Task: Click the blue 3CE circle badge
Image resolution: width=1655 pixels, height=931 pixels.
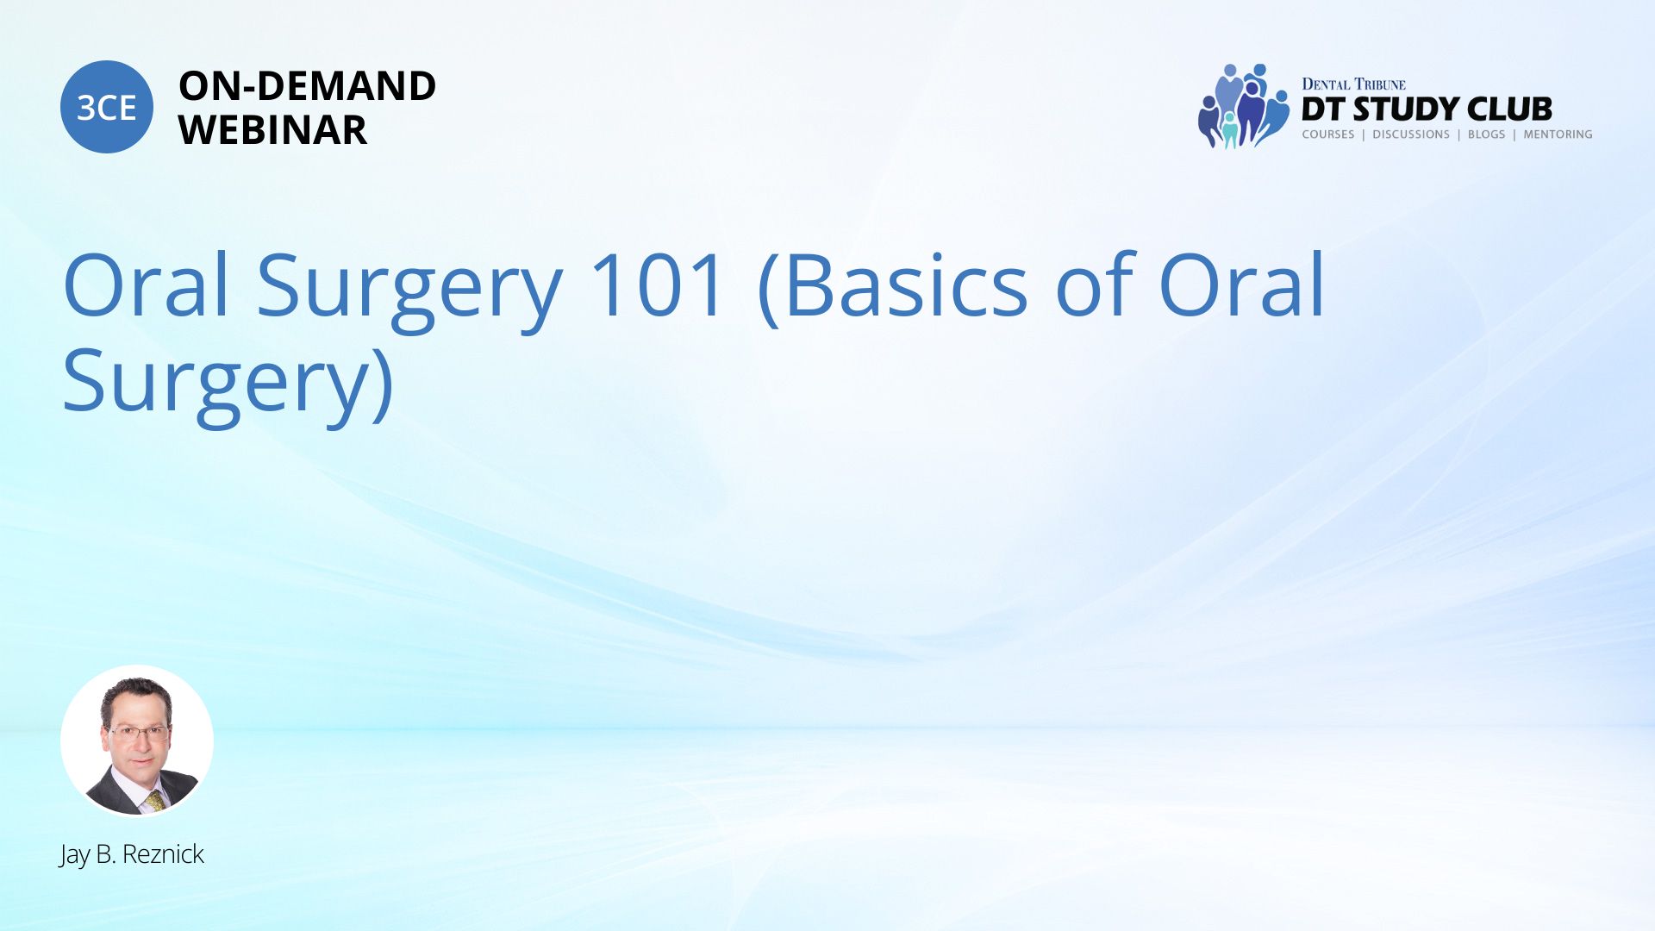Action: [107, 107]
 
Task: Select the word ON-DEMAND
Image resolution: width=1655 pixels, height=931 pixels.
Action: [307, 86]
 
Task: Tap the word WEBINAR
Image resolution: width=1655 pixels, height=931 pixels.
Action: [272, 130]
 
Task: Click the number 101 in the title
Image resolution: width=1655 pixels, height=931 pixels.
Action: [657, 285]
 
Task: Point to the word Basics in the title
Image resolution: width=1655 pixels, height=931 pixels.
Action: [907, 285]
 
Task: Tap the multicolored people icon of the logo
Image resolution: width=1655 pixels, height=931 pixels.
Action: [1242, 106]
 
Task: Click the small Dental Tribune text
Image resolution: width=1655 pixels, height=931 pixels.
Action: [1353, 84]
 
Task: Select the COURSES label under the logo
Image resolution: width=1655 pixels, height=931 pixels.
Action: [1327, 134]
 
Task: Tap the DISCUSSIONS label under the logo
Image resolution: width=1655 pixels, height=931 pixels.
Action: [1411, 134]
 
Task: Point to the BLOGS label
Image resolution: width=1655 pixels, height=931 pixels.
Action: [1486, 134]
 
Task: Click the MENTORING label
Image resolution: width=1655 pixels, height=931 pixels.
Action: [1558, 134]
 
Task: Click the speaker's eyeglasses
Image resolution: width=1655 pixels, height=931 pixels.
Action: [137, 734]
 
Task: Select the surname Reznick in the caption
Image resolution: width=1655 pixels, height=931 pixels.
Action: [163, 854]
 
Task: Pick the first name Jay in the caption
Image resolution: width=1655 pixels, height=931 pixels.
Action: [74, 855]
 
